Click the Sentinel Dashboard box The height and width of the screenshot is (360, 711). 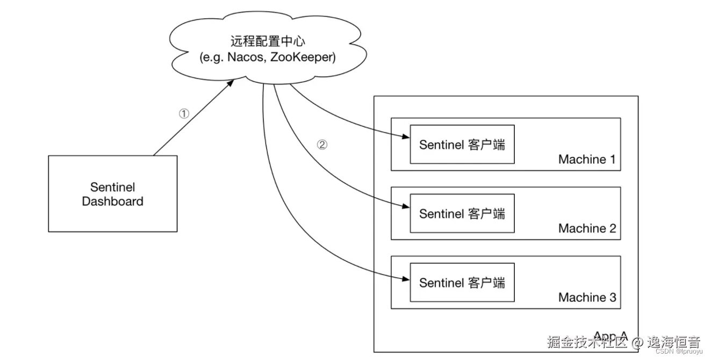click(x=113, y=194)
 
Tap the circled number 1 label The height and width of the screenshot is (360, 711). click(x=184, y=114)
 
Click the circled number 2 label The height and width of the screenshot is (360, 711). click(x=321, y=145)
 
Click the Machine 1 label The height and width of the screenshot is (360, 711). click(x=587, y=159)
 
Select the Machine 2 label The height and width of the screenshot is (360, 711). click(x=587, y=228)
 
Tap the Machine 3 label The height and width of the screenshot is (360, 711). click(x=587, y=297)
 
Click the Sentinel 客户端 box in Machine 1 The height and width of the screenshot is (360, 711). click(x=462, y=145)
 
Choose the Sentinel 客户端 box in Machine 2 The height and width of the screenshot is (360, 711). click(x=462, y=213)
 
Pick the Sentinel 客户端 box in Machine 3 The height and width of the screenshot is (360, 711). click(x=462, y=282)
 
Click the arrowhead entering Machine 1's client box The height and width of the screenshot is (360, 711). click(x=406, y=137)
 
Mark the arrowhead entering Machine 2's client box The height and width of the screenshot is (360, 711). click(x=406, y=206)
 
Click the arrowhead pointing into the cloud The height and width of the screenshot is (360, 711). click(x=231, y=82)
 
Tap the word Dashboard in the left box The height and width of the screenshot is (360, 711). click(x=113, y=202)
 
